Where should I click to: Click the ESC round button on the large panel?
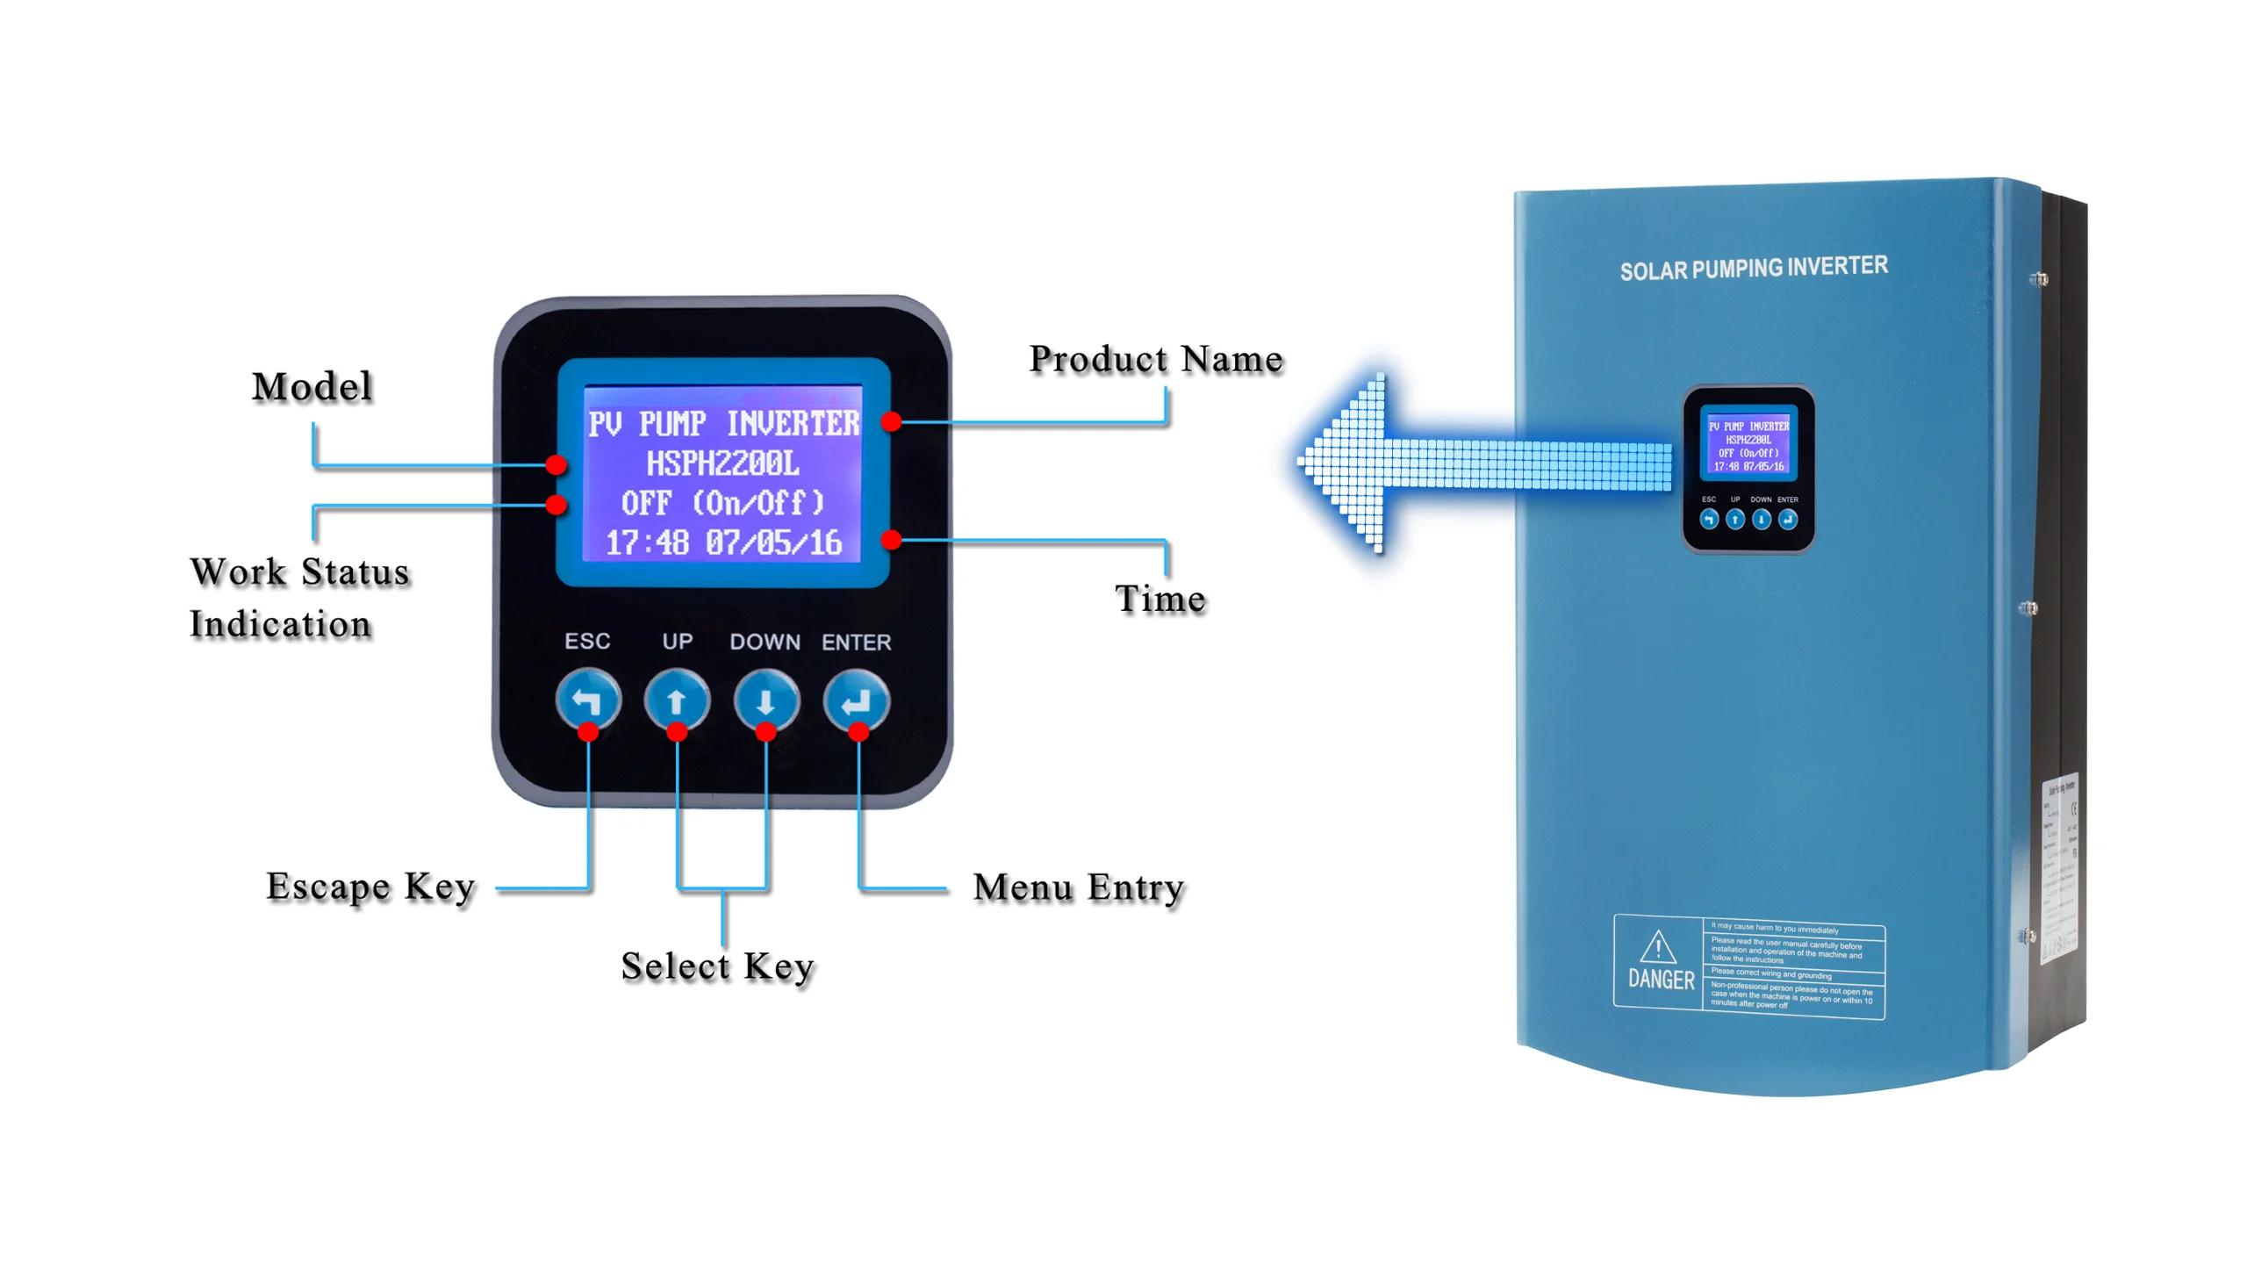coord(587,700)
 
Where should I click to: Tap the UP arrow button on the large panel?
coord(676,700)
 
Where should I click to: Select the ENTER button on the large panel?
coord(856,700)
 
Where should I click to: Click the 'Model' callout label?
coord(312,387)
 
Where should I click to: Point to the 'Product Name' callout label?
coord(1155,359)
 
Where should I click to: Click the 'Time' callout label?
coord(1159,599)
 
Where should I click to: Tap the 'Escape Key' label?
coord(370,887)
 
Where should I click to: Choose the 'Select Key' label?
coord(717,966)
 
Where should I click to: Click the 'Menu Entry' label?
coord(1079,887)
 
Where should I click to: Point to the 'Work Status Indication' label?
coord(298,598)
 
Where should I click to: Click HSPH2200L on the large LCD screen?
coord(722,463)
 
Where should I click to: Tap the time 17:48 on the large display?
coord(647,542)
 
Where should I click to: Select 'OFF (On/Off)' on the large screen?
coord(722,503)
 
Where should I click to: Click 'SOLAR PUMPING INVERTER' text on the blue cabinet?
coord(1753,268)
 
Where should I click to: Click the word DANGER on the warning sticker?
coord(1661,980)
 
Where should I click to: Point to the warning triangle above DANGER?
coord(1657,947)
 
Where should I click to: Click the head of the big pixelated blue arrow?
coord(1343,463)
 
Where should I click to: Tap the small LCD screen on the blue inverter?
coord(1748,444)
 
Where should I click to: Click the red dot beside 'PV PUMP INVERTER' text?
coord(891,422)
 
